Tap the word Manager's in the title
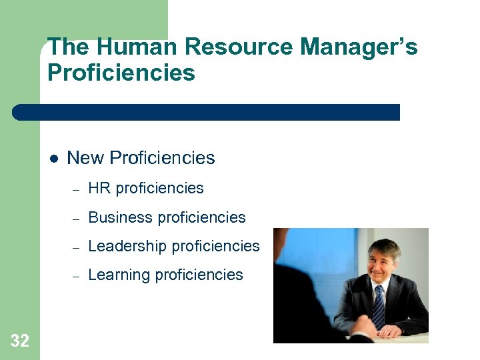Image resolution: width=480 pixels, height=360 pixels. pos(359,47)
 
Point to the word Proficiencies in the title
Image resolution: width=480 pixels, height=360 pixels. pos(121,72)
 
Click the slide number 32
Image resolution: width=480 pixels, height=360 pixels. pos(20,341)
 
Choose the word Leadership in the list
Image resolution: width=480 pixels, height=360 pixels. pos(127,246)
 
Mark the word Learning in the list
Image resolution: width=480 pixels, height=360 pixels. pos(119,275)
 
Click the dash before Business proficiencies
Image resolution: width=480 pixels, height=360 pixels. pos(76,218)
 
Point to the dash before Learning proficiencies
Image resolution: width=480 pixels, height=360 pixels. pos(76,275)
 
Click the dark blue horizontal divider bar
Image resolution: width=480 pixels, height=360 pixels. pos(207,112)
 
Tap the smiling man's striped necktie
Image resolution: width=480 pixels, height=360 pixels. pos(379,306)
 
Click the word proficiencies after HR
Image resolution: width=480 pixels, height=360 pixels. pos(159,188)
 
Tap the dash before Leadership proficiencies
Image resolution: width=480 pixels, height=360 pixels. pos(76,247)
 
